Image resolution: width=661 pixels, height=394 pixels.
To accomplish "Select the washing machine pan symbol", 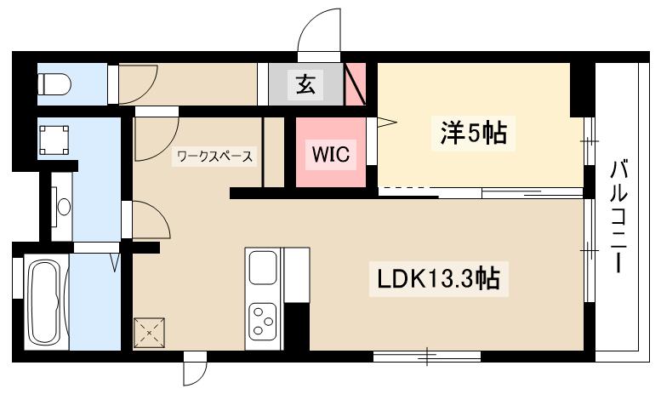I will [x=54, y=138].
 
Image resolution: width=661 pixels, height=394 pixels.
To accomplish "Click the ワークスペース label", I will [x=214, y=156].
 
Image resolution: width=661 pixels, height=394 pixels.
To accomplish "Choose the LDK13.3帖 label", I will [x=439, y=277].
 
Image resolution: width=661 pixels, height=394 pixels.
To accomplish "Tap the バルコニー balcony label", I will [x=618, y=216].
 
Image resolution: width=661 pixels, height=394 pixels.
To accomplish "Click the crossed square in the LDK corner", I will [x=151, y=333].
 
